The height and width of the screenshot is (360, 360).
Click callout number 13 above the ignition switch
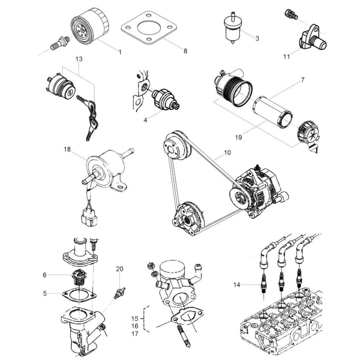[x=79, y=59]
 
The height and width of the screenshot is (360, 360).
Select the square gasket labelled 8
[x=149, y=28]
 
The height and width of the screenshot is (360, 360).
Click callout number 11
[x=287, y=56]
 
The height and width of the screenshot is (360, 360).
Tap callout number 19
[x=239, y=137]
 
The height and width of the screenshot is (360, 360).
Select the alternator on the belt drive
[x=258, y=191]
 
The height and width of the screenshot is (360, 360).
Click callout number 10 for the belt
[x=227, y=153]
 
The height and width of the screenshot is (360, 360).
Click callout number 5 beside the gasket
[x=45, y=293]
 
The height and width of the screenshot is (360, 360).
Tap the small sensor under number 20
[x=120, y=292]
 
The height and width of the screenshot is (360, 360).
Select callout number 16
[x=135, y=326]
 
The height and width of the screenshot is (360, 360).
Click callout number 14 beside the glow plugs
[x=237, y=285]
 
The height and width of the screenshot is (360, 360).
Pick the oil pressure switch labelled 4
[x=165, y=99]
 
